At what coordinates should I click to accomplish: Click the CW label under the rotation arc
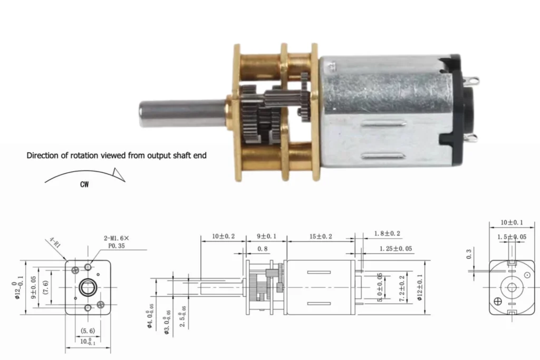point(84,185)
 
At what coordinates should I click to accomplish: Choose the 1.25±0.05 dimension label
point(396,248)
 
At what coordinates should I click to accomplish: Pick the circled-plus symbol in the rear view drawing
point(497,302)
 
